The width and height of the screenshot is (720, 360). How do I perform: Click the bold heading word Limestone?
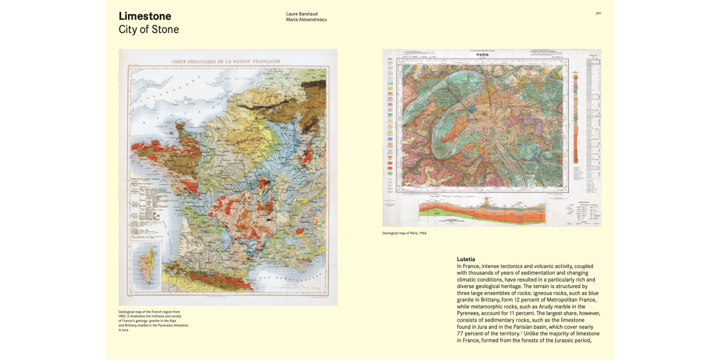click(x=144, y=16)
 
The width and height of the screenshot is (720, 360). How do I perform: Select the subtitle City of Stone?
click(x=148, y=29)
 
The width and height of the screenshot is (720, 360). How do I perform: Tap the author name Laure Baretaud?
click(x=302, y=14)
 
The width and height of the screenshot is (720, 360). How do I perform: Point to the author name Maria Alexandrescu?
click(x=306, y=20)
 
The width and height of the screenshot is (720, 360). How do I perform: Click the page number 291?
click(x=599, y=13)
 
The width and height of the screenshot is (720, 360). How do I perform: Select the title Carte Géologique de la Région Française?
click(x=226, y=61)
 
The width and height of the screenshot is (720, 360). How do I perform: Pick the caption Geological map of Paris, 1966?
click(x=404, y=233)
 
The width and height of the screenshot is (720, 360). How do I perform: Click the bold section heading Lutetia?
click(x=466, y=259)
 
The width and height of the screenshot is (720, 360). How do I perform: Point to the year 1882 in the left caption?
click(x=124, y=316)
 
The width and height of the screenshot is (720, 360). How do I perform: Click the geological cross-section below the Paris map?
click(x=482, y=211)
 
